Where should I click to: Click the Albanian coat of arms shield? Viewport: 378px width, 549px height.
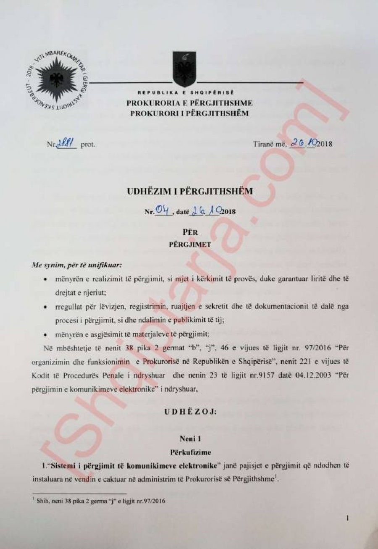184,68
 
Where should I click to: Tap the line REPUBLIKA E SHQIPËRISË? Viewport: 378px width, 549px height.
186,92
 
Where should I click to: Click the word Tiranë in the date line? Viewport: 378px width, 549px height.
262,144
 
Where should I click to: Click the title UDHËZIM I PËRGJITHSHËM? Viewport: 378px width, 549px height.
189,191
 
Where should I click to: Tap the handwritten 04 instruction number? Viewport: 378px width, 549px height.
162,210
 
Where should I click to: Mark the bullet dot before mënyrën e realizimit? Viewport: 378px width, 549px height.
45,279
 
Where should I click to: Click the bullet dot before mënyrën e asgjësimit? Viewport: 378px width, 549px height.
45,335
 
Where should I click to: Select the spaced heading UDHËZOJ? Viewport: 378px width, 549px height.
190,412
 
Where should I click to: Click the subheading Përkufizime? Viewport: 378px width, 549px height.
190,453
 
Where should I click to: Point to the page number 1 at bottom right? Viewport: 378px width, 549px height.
347,519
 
